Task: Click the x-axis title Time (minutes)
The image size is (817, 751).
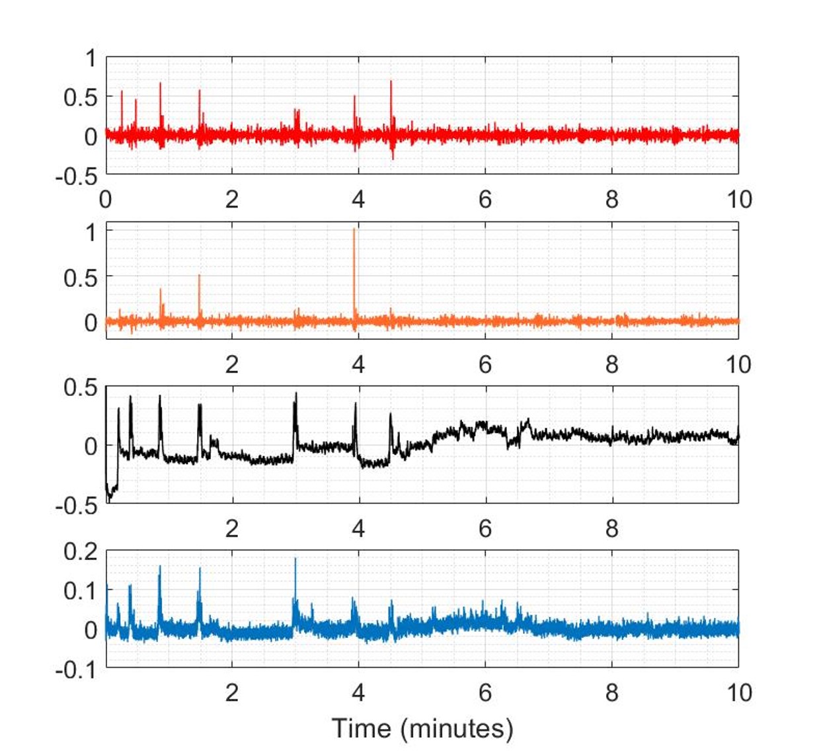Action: pos(422,728)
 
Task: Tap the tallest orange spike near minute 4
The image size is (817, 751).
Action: pos(354,229)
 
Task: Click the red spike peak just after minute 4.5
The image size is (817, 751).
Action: pos(391,82)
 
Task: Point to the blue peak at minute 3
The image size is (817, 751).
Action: pos(295,559)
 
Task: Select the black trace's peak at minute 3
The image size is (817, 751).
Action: pos(295,393)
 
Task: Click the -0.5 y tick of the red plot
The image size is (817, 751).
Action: pos(77,177)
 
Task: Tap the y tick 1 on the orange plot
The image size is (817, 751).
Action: pos(91,232)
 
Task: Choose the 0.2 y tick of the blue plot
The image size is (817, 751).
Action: pos(81,551)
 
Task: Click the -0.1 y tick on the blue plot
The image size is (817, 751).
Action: pos(77,670)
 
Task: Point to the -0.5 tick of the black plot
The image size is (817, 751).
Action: pos(77,506)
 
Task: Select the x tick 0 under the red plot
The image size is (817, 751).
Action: pos(105,199)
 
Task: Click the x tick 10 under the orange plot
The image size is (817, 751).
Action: pos(738,364)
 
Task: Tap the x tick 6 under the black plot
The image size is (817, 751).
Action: pos(485,528)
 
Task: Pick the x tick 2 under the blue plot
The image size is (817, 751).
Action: pos(231,692)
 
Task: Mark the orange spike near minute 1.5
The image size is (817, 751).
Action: pos(199,276)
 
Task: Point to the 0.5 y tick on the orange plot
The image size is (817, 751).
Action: pos(81,278)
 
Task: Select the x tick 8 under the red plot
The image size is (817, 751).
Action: pos(612,199)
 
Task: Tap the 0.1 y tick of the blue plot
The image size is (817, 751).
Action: pos(81,590)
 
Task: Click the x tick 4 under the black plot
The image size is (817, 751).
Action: pos(358,528)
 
